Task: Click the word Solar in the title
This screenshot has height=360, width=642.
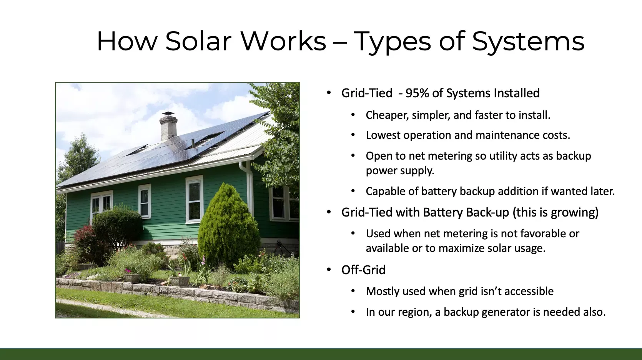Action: [198, 41]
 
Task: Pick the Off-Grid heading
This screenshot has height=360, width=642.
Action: [363, 270]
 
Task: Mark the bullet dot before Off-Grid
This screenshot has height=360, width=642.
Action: [329, 270]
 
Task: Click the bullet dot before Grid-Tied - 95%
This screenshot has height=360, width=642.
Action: [329, 93]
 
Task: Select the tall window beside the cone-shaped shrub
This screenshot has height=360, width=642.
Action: [194, 199]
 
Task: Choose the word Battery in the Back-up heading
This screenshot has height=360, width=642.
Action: [443, 213]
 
